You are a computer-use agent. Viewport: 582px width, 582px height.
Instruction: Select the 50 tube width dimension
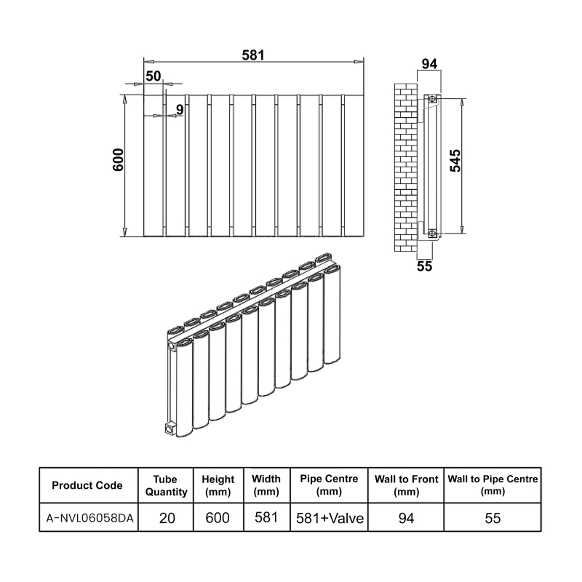153,76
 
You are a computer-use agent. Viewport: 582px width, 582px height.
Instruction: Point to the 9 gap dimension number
178,110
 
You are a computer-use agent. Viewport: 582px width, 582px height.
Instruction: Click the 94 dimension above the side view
429,64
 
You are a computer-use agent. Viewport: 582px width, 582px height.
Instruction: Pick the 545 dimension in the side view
455,162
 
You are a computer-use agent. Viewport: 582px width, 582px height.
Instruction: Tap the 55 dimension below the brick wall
424,266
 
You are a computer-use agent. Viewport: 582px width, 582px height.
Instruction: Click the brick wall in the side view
404,167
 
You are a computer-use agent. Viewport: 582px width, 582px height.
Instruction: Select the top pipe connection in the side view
433,98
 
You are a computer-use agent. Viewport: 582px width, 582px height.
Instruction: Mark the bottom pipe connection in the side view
433,234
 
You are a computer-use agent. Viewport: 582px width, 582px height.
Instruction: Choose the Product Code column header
87,486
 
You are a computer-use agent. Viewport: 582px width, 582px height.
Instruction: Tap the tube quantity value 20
166,518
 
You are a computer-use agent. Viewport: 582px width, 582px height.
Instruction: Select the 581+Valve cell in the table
329,518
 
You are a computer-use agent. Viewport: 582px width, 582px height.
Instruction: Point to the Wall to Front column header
406,485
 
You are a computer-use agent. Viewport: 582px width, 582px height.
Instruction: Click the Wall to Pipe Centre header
493,485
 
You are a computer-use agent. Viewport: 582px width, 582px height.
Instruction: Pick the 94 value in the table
406,518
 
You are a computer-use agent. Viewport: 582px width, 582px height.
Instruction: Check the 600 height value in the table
218,518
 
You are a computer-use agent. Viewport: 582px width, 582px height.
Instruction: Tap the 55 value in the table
493,518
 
